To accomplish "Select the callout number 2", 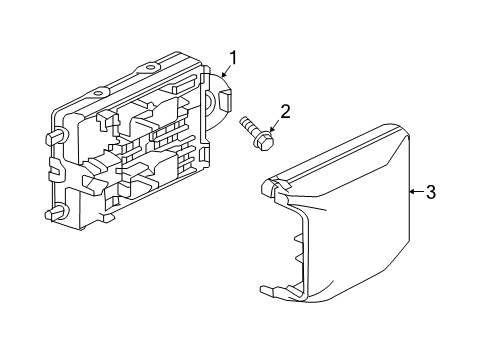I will click(x=285, y=113).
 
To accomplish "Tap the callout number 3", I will click(x=430, y=191).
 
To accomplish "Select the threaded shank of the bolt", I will click(x=248, y=126).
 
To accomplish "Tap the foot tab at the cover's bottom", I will click(x=268, y=292).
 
